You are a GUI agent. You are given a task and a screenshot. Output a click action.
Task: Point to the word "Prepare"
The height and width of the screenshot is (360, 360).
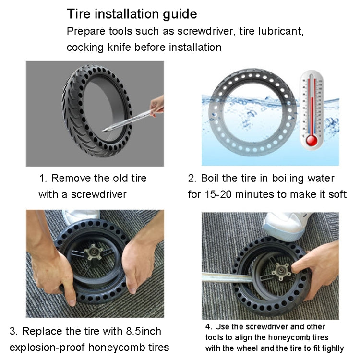pyautogui.click(x=85, y=31)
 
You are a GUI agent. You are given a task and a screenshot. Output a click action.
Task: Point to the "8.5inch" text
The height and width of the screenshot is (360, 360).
pyautogui.click(x=143, y=331)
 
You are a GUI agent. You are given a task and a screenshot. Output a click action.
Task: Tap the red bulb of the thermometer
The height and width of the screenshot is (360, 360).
pyautogui.click(x=312, y=140)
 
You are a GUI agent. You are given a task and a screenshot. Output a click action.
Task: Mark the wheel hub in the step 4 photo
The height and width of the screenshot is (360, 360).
pyautogui.click(x=276, y=275)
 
